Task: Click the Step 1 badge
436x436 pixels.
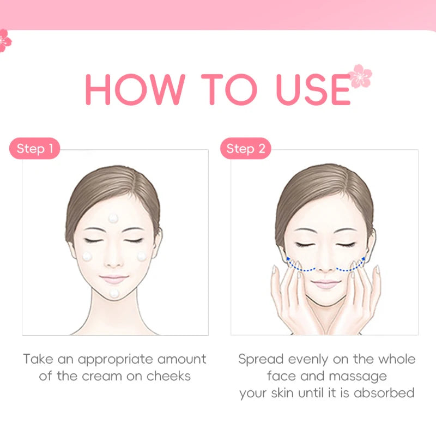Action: (x=34, y=148)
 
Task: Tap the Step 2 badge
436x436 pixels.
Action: (x=245, y=148)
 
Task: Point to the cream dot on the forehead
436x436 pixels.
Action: (x=113, y=218)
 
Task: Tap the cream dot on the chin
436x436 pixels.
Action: (x=114, y=293)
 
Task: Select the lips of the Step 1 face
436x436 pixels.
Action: (x=114, y=278)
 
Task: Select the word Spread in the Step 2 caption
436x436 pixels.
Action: (x=261, y=359)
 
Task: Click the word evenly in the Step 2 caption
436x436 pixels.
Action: (x=310, y=359)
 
